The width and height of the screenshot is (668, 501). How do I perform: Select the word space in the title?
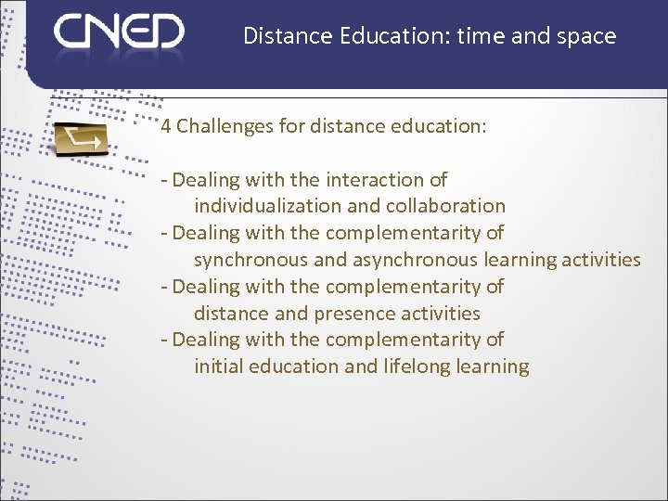[586, 36]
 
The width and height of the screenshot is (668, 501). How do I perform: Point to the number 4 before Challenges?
[165, 126]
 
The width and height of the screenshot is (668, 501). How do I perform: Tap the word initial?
[215, 366]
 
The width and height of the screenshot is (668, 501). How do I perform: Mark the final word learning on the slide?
[493, 366]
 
